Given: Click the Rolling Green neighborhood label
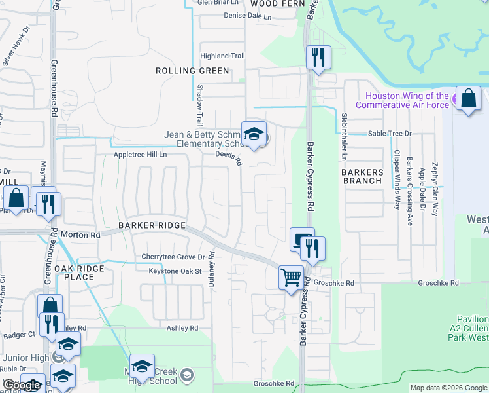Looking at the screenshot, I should pos(192,71).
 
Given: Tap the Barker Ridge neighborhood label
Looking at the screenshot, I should pos(152,225).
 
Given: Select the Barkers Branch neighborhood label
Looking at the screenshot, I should pos(362,176).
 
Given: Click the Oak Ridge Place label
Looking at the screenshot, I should pos(83,272).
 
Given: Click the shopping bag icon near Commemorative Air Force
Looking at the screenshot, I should pos(468,100).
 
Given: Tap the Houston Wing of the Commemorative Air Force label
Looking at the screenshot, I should pos(402,100).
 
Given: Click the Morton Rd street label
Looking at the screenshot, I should pos(80,234).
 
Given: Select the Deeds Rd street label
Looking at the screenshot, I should pos(229,158).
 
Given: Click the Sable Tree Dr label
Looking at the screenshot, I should pos(390,133).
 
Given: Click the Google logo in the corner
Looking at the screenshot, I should pos(21,385).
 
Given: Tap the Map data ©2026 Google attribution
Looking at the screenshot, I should pos(448,388).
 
